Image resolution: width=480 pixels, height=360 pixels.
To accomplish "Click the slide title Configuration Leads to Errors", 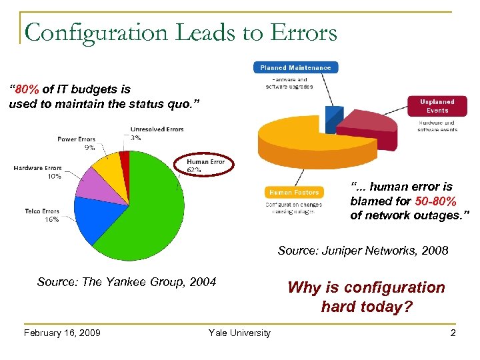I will click(x=180, y=31).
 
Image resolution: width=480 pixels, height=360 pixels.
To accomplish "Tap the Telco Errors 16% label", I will click(x=42, y=215).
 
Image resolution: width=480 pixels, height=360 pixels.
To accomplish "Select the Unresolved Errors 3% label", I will click(x=157, y=133).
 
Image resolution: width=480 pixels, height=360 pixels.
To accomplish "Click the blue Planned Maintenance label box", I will click(x=295, y=67).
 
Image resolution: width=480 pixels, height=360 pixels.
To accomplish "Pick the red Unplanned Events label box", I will click(x=437, y=106).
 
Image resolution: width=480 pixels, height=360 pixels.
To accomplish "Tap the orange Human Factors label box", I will click(x=294, y=193).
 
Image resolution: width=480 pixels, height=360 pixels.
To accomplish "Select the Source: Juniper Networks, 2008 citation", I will click(x=363, y=251).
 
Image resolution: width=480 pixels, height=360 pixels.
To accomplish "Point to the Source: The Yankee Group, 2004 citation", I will click(x=127, y=282).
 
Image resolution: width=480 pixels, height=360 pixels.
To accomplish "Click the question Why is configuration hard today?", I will click(x=366, y=297).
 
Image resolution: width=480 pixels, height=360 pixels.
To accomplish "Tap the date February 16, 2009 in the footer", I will click(x=62, y=333).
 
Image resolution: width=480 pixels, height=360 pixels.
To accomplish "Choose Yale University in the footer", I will click(x=239, y=333).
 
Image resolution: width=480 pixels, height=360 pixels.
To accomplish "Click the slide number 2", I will click(x=453, y=333).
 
